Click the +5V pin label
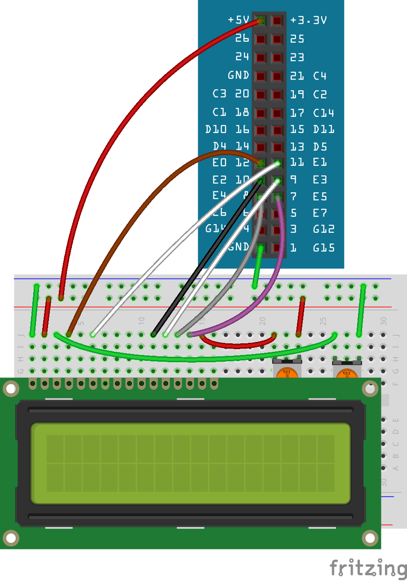(238, 20)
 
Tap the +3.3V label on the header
(308, 20)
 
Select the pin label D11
(323, 129)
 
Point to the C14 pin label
(323, 112)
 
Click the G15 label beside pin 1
(323, 247)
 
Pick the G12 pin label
(323, 229)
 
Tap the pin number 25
(297, 39)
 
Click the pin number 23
(297, 57)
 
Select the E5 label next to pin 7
(320, 196)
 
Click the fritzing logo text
(368, 568)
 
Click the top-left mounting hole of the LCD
(11, 389)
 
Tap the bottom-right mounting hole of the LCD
(370, 537)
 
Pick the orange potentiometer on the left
(286, 373)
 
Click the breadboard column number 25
(323, 321)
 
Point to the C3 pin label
(219, 94)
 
